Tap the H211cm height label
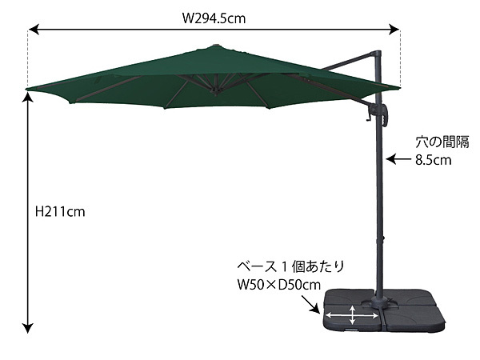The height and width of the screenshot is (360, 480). [61, 212]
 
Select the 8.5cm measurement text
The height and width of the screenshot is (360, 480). [433, 159]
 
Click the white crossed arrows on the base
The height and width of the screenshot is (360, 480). [354, 317]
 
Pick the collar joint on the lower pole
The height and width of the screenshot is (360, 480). [379, 240]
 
